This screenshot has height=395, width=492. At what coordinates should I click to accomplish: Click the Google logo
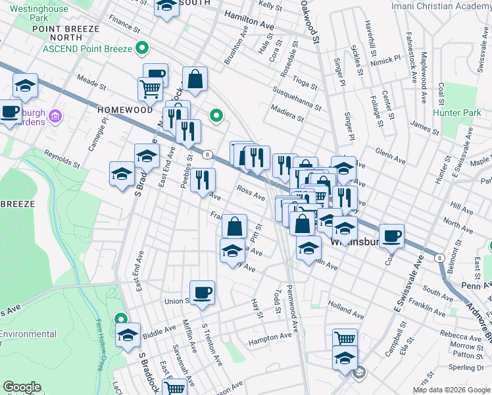point(22,387)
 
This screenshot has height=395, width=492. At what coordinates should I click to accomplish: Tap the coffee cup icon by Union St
point(202,292)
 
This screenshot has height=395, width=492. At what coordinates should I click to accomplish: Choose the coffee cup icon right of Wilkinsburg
point(391,235)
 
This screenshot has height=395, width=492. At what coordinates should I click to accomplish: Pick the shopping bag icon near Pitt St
point(234,226)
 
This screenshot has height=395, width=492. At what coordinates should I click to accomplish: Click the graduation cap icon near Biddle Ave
point(128,334)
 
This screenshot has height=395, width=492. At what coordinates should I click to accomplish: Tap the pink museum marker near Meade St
point(55,117)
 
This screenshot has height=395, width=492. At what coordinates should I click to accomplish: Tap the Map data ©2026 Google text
point(451,389)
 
